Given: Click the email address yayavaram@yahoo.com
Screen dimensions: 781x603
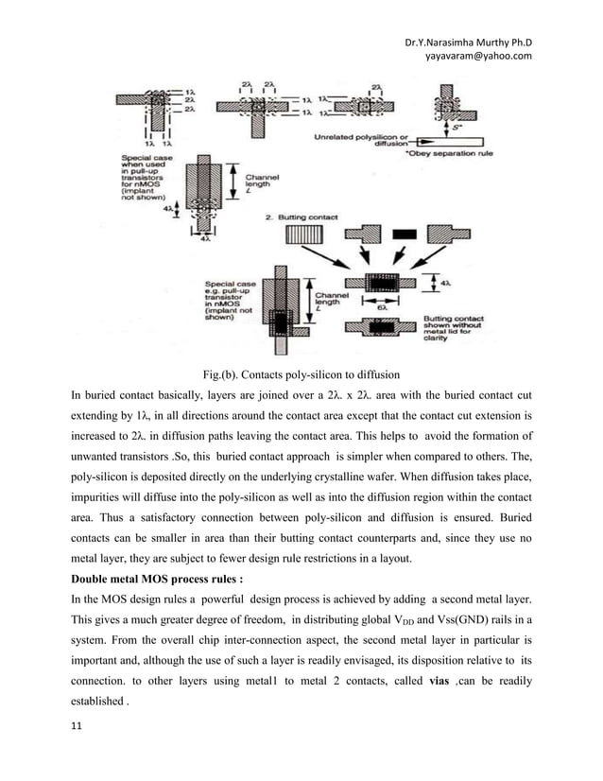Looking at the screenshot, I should coord(479,56).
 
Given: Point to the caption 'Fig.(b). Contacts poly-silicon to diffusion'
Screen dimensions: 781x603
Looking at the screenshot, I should coord(301,373).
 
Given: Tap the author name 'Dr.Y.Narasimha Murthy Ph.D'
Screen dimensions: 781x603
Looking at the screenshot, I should coord(468,42).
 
